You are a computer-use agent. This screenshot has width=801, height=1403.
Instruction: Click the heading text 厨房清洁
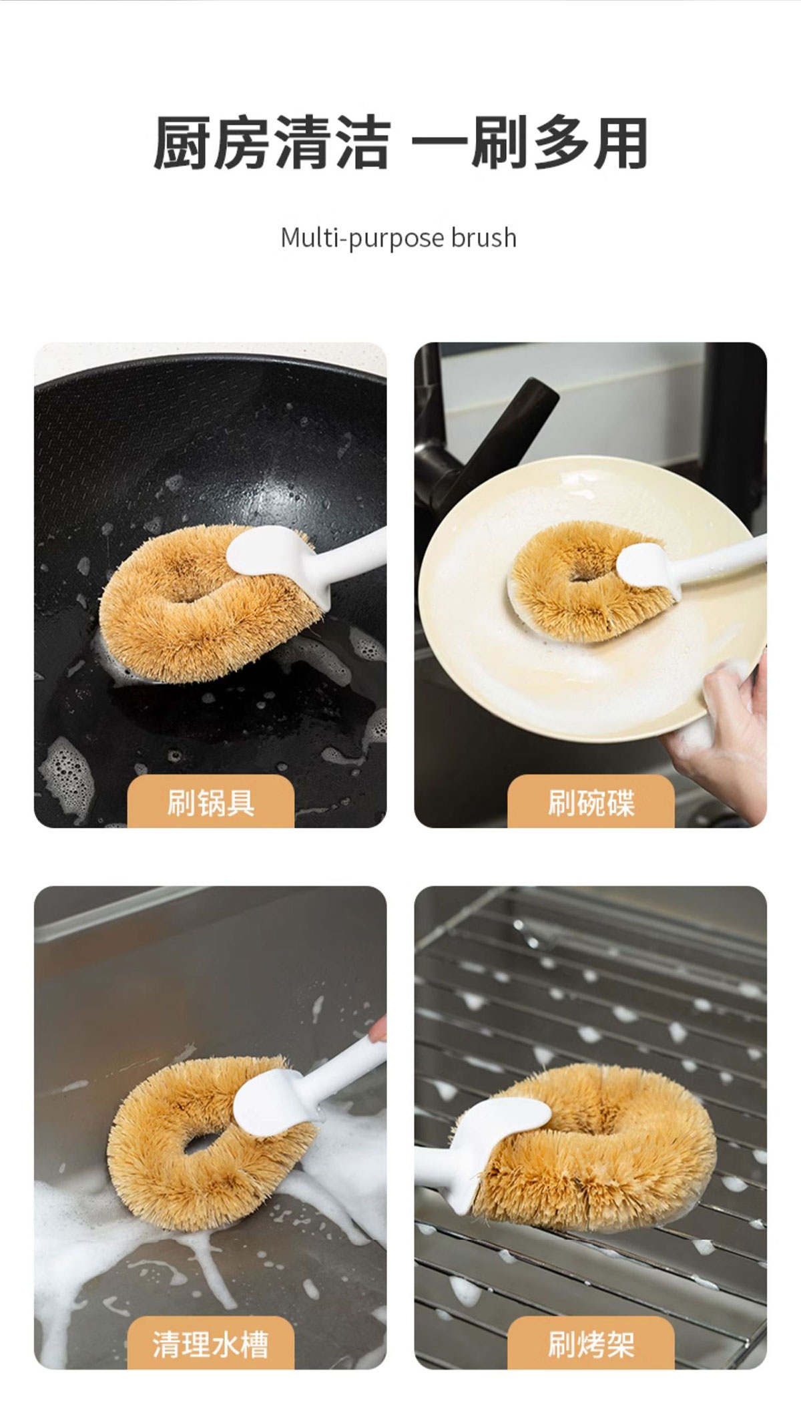coord(272,142)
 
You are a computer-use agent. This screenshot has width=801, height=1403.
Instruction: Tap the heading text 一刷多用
coord(529,142)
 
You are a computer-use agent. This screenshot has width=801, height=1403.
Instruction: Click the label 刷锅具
coord(211,802)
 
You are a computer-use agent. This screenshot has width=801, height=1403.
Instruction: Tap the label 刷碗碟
coord(591,802)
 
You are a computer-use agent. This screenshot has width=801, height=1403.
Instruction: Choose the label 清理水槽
coord(211,1344)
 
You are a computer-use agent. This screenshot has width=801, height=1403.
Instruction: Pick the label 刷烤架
coord(591,1344)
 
